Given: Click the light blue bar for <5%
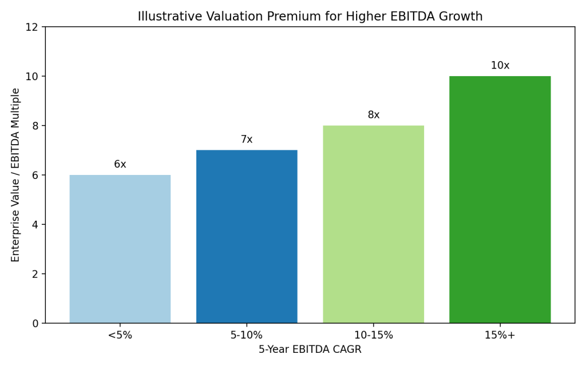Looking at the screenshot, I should pos(120,249).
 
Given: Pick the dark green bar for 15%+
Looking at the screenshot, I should pos(500,200).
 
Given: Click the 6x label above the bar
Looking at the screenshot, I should pos(120,165).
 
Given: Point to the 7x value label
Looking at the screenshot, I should pos(247,140).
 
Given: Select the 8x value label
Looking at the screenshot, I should pos(373,115).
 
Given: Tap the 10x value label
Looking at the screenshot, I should pos(500,66).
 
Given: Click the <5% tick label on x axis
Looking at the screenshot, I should pos(120,335).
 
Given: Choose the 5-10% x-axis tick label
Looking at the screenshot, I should pos(247,335).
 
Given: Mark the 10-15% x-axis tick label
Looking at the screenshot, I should pos(373,335).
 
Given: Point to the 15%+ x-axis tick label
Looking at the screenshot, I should pos(500,335).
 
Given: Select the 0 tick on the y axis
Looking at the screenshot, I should pos(35,323).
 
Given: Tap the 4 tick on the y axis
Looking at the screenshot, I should pos(35,225).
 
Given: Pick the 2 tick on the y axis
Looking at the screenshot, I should pos(35,274).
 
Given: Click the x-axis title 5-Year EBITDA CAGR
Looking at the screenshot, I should pos(310,349).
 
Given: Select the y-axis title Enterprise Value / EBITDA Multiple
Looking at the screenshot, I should pos(16,175).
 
